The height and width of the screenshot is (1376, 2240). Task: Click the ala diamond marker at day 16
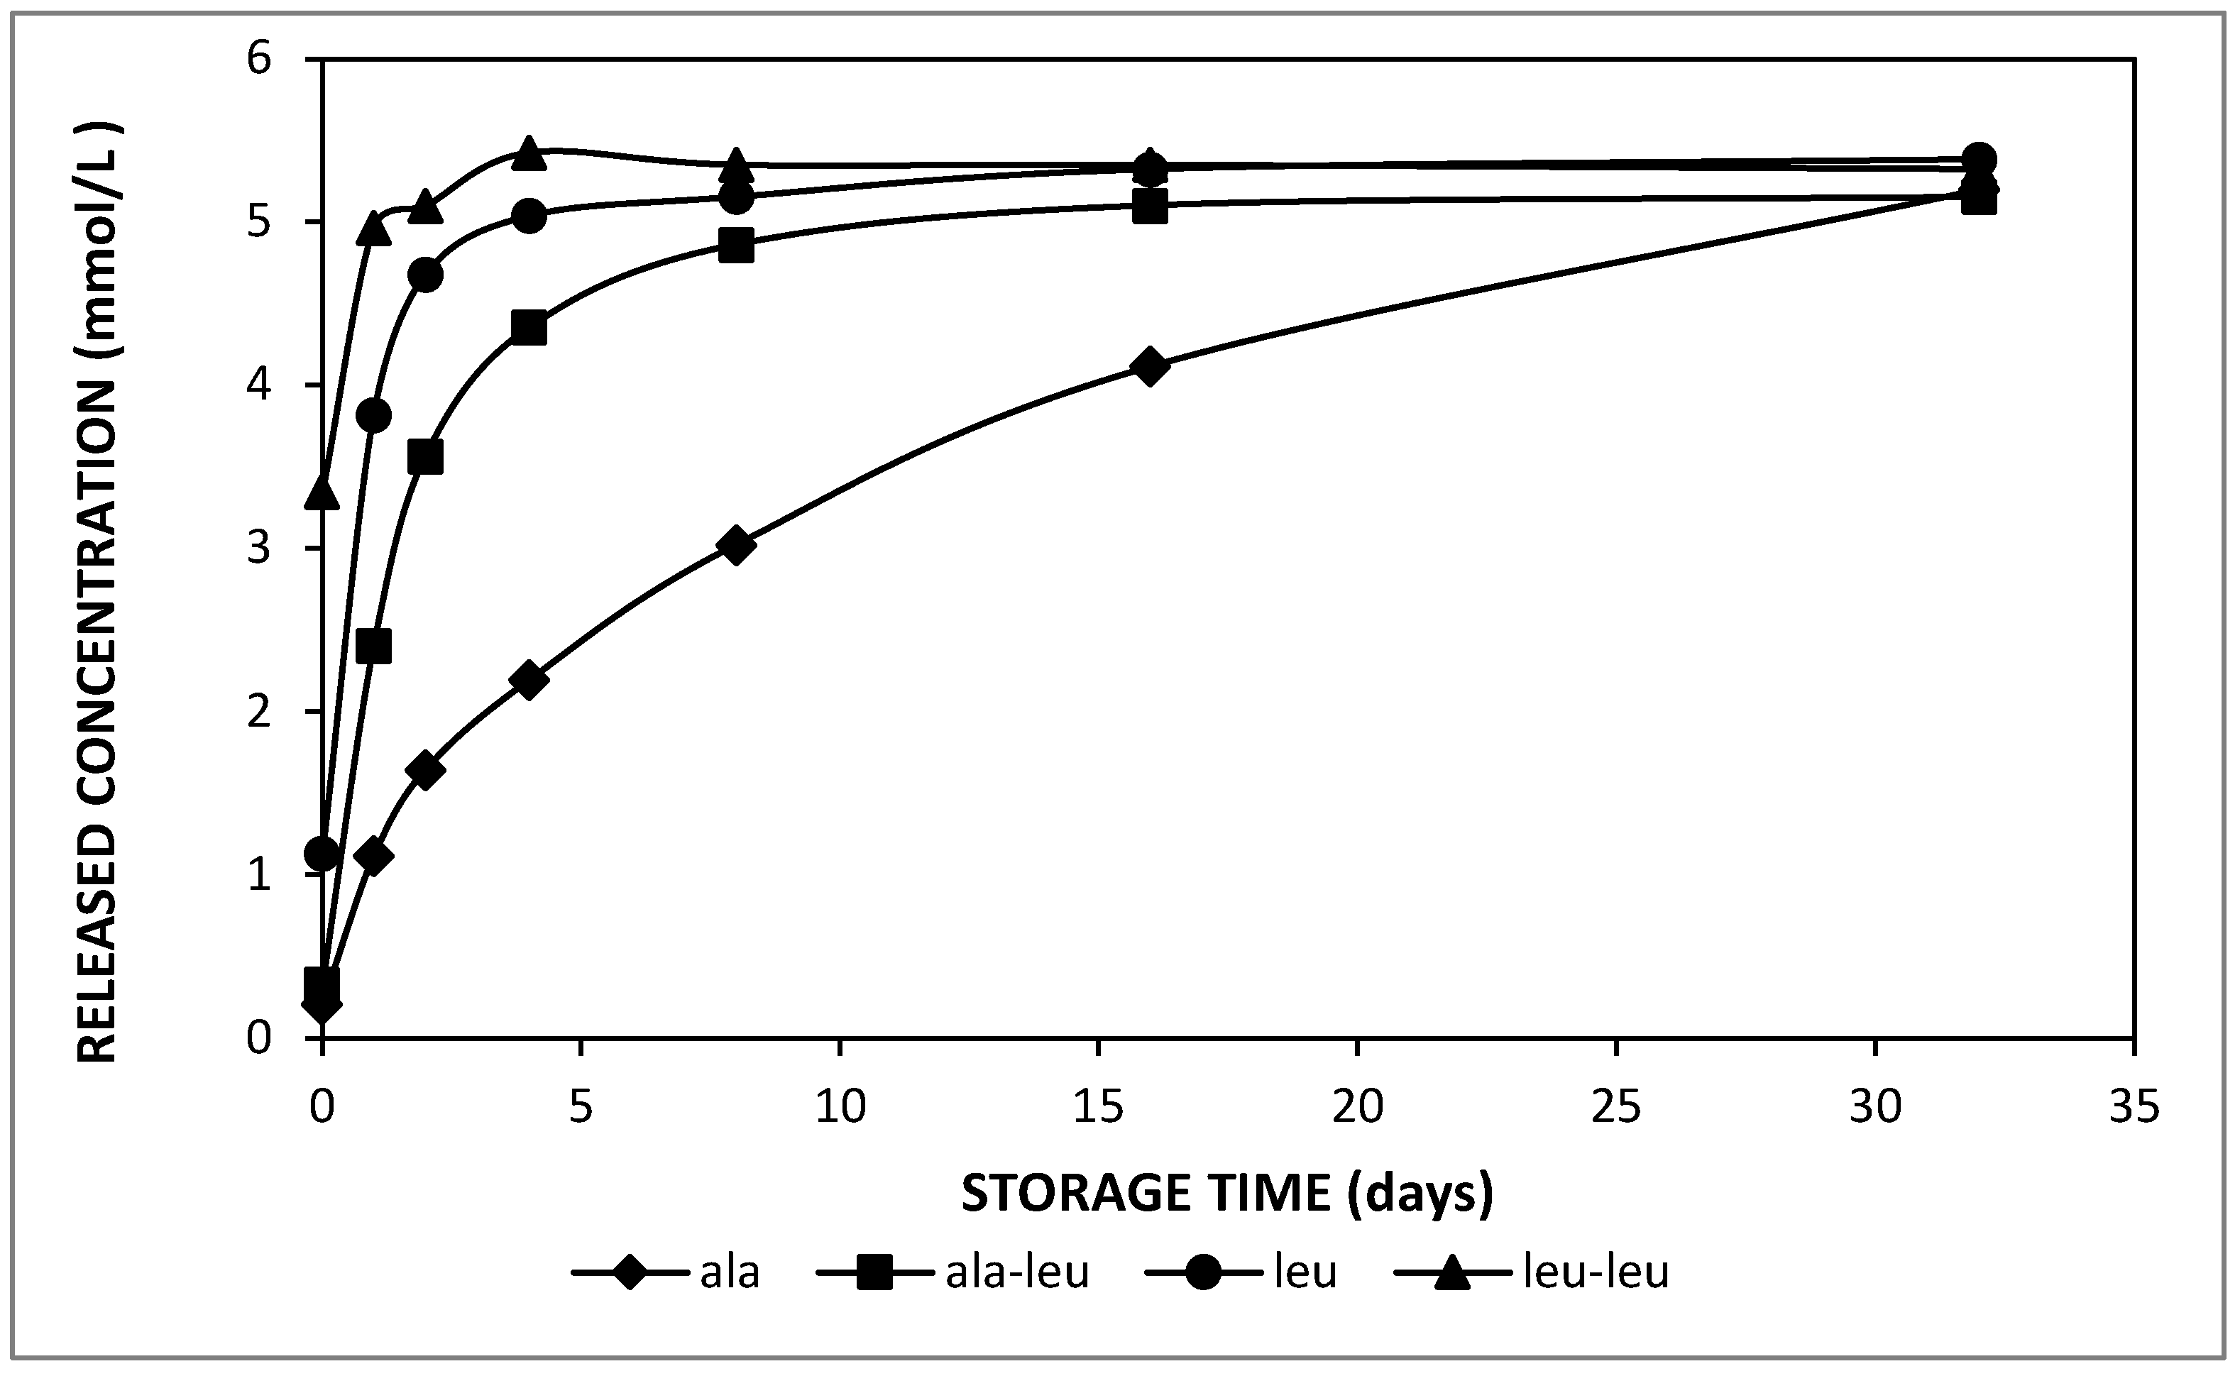pos(1150,366)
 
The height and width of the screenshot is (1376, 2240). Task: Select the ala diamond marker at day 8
pos(735,545)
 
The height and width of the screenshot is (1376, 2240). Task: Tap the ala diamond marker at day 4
pos(529,680)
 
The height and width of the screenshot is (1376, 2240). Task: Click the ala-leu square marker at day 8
pos(735,246)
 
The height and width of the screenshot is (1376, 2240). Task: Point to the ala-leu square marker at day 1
pos(374,647)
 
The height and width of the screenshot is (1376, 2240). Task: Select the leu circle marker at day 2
pos(426,275)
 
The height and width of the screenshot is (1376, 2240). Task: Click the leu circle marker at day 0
pos(322,854)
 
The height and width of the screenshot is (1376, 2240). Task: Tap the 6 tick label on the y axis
pos(259,60)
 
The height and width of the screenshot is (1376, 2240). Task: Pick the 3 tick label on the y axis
pos(259,549)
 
